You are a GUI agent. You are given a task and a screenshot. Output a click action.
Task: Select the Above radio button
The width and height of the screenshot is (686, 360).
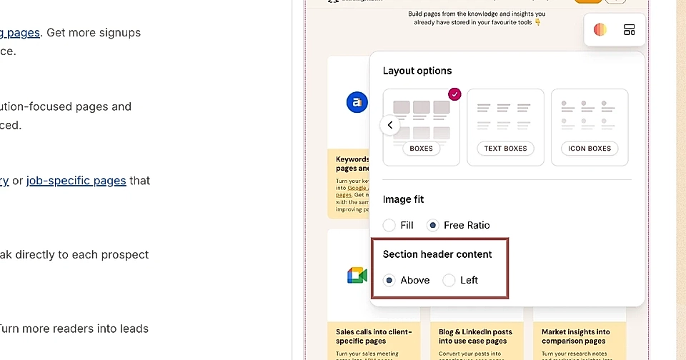[389, 280]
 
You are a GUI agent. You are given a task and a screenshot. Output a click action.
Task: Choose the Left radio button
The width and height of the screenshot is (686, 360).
[449, 280]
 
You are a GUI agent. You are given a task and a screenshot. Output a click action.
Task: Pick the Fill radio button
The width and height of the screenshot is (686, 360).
[389, 225]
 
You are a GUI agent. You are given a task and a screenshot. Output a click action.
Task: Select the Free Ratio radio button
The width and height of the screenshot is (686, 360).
[432, 225]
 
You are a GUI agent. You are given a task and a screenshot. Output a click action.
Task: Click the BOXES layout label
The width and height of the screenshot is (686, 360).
[421, 149]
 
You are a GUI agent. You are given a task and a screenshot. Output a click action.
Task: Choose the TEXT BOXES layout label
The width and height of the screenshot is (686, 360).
[505, 149]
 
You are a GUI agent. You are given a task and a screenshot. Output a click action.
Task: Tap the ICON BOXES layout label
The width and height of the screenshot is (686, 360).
[590, 149]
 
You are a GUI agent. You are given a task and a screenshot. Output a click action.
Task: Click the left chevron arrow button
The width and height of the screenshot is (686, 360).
[390, 125]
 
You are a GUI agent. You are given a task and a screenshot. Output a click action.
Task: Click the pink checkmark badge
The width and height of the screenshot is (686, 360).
[454, 94]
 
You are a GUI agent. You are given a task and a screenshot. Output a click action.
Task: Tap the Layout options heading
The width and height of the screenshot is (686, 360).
[417, 71]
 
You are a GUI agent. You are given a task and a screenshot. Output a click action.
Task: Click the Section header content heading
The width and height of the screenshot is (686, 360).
[437, 254]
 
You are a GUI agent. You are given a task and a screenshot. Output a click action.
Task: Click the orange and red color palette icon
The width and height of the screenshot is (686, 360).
[600, 30]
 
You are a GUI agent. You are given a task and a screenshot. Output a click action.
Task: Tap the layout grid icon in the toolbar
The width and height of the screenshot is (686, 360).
[629, 30]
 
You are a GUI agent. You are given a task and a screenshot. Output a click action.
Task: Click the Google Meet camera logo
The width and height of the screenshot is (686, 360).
[357, 276]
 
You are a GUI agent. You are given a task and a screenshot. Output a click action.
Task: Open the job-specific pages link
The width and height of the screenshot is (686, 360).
[76, 181]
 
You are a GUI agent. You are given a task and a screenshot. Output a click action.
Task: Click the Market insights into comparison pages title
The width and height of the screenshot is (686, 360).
[576, 336]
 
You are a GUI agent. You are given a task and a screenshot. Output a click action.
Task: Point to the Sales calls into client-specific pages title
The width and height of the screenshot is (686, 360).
[373, 336]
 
